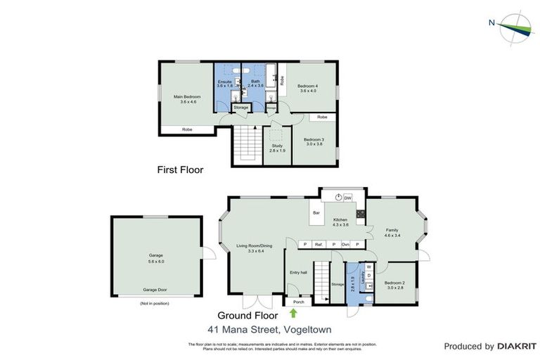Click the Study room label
(x=276, y=148)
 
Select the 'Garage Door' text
(x=156, y=290)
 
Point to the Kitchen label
(x=340, y=221)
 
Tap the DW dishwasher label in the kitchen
(x=347, y=198)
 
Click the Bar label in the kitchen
(x=316, y=212)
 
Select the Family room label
(x=392, y=232)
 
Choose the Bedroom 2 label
(x=393, y=284)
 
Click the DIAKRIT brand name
(x=517, y=346)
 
